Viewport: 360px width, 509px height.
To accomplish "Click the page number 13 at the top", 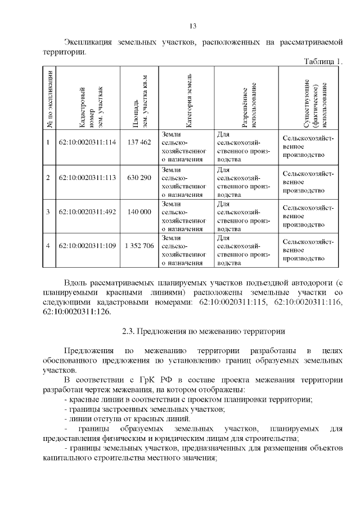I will point(192,26).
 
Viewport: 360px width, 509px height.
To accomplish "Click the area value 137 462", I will point(139,142).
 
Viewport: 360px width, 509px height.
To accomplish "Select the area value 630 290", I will point(139,177).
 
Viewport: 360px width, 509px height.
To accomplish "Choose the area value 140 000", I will point(139,211).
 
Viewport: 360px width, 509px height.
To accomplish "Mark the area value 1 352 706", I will point(139,246).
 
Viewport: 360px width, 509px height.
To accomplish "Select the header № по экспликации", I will point(49,98).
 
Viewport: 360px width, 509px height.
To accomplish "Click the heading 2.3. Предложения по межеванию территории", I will point(204,331).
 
